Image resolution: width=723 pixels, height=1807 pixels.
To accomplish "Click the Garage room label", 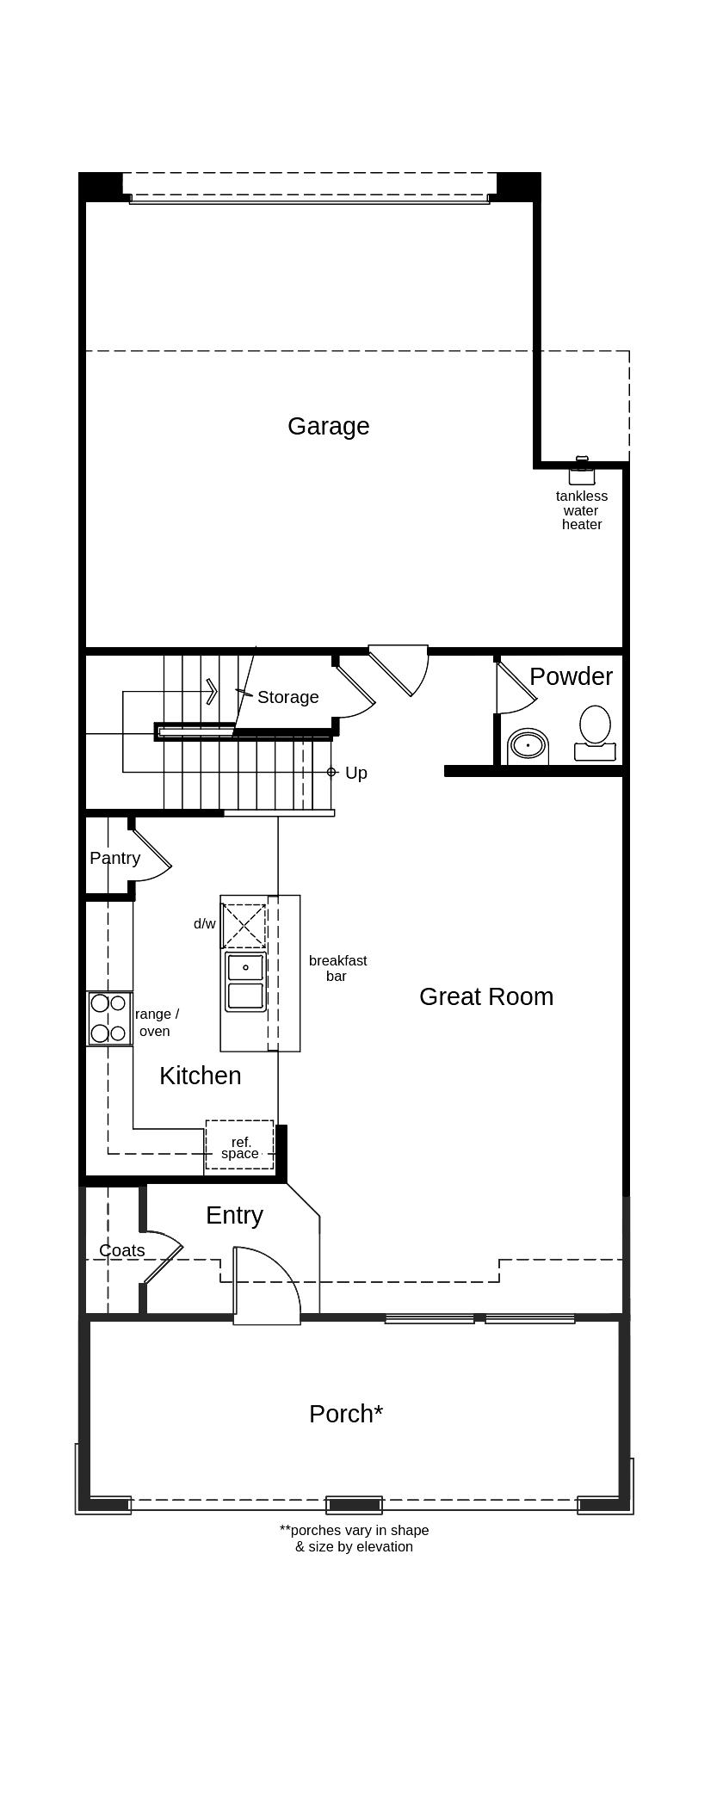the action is point(328,427).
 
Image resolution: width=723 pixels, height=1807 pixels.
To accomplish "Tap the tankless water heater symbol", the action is point(582,472).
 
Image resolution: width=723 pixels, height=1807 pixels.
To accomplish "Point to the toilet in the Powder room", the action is point(595,733).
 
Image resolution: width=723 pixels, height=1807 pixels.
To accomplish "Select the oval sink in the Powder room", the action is point(528,745).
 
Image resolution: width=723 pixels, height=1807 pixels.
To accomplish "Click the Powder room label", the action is point(571,676).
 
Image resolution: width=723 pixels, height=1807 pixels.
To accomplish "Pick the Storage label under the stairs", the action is point(288,697).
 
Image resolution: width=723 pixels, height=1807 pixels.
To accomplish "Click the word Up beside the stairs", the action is point(356,773).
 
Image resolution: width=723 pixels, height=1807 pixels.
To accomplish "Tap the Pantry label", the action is point(114,858).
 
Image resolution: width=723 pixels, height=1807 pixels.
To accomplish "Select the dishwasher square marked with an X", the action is point(244,925).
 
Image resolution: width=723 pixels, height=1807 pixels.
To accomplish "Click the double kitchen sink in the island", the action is point(245,982).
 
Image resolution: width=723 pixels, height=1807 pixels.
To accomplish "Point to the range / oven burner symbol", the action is point(109,1018).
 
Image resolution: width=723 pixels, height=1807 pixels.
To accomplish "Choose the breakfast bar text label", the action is point(337,968).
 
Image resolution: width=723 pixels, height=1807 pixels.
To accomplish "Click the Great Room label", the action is point(486,996).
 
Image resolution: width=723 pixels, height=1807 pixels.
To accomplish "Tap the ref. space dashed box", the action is point(239,1144).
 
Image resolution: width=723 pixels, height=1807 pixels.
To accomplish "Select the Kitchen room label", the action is point(201,1076).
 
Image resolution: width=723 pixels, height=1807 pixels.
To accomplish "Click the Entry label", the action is point(234,1215).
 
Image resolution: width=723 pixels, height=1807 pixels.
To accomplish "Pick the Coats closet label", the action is point(122,1250).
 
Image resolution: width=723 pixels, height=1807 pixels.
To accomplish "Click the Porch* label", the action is point(346,1414).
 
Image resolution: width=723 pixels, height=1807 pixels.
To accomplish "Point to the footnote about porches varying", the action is point(354,1539).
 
